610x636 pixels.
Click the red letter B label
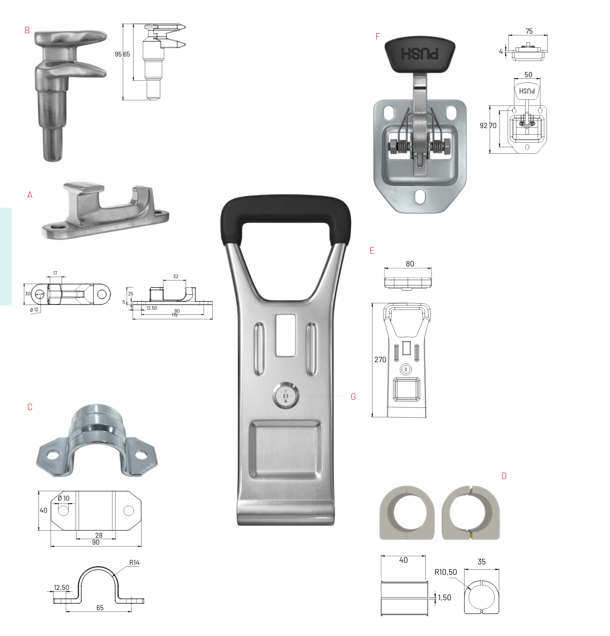(27, 30)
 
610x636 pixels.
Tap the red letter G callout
(353, 397)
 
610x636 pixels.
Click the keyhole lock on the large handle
(285, 395)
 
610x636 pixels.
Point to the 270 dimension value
(380, 360)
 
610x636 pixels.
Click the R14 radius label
(134, 563)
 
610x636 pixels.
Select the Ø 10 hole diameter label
(63, 498)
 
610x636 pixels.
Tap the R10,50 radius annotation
(445, 572)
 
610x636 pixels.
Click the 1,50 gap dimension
(444, 598)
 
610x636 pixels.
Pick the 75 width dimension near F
(529, 31)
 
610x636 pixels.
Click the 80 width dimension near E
(410, 264)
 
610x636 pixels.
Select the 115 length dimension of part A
(174, 315)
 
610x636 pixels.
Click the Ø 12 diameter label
(34, 310)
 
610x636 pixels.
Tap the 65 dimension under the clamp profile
(100, 608)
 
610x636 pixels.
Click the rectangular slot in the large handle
(285, 335)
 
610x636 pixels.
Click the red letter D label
(503, 476)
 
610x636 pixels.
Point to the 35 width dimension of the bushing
(481, 562)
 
